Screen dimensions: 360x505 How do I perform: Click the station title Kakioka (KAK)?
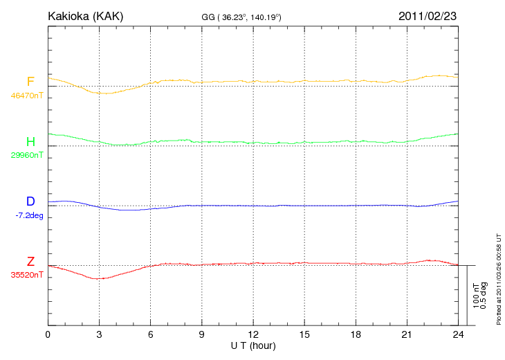pos(85,16)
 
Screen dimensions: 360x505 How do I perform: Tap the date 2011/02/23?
pos(427,16)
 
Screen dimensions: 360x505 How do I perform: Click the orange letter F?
pos(30,82)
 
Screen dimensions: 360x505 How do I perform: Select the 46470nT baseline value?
pos(26,96)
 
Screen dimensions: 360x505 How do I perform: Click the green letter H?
pos(30,142)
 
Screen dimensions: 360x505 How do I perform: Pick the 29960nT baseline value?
pos(26,155)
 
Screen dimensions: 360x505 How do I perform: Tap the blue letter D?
pos(30,201)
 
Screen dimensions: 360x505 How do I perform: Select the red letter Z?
pos(30,261)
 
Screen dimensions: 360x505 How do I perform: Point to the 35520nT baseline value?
pos(26,275)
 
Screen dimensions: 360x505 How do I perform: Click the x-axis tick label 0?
pos(48,334)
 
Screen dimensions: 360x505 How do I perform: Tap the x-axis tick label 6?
pos(151,334)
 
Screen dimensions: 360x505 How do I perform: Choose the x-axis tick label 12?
pos(253,334)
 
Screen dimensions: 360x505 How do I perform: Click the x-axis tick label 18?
pos(356,334)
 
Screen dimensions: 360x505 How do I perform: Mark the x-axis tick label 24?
pos(458,334)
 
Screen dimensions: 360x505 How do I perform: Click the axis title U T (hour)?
pos(253,345)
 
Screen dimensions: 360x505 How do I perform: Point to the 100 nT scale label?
pos(476,295)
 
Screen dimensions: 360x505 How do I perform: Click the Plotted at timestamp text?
pos(499,277)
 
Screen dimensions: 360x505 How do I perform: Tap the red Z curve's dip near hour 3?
pos(100,278)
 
